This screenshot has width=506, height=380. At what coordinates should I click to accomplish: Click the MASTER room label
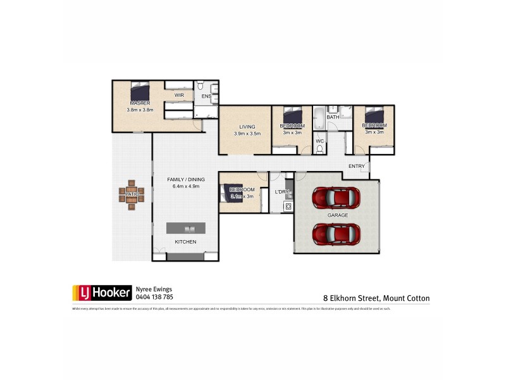[x=140, y=103]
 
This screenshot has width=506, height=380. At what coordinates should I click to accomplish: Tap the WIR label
[x=179, y=95]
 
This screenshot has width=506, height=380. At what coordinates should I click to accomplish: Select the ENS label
[x=206, y=96]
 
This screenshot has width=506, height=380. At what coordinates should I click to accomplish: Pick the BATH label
[x=333, y=117]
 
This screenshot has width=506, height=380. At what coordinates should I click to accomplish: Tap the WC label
[x=320, y=141]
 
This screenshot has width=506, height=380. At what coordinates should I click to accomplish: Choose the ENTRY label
[x=357, y=167]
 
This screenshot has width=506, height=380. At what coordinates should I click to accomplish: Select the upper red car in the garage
[x=336, y=197]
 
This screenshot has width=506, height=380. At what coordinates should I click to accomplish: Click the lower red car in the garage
[x=336, y=234]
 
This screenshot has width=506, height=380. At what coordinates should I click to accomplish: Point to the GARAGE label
[x=337, y=215]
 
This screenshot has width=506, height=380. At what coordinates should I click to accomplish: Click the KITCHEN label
[x=185, y=243]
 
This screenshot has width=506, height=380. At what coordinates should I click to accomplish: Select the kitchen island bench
[x=186, y=228]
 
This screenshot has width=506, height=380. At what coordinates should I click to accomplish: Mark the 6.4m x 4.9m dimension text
[x=183, y=187]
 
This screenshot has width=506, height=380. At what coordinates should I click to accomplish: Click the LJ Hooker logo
[x=102, y=292]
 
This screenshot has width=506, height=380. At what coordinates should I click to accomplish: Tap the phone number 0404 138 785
[x=154, y=296]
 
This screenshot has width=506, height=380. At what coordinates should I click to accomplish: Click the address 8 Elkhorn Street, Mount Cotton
[x=376, y=298]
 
